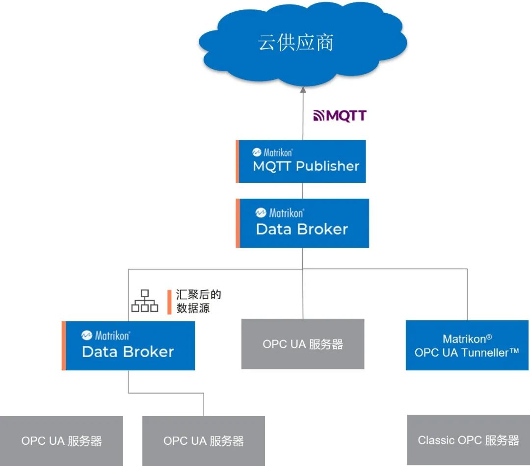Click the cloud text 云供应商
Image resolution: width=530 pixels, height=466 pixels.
click(295, 43)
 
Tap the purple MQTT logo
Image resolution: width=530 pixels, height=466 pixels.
click(340, 116)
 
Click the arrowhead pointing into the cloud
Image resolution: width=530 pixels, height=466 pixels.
click(303, 90)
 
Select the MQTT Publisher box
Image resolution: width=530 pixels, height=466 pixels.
click(301, 161)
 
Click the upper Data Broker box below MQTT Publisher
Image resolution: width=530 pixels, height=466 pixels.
click(302, 223)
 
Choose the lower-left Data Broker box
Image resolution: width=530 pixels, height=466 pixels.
click(129, 345)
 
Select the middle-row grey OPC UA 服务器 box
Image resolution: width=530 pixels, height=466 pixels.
click(302, 344)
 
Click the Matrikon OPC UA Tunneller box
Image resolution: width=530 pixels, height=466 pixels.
click(467, 345)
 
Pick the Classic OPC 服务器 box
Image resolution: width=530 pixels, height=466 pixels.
click(468, 440)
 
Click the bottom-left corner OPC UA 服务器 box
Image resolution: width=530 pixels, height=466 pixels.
click(61, 440)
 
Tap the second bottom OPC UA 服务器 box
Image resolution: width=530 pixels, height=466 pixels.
click(203, 440)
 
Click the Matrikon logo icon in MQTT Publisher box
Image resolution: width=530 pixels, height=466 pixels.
click(257, 153)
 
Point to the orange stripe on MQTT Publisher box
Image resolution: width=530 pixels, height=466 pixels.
click(238, 161)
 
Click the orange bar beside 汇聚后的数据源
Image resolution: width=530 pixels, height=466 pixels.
click(169, 302)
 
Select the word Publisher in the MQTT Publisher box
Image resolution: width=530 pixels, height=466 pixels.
click(327, 166)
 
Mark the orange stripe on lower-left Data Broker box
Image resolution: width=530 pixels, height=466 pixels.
click(64, 345)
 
